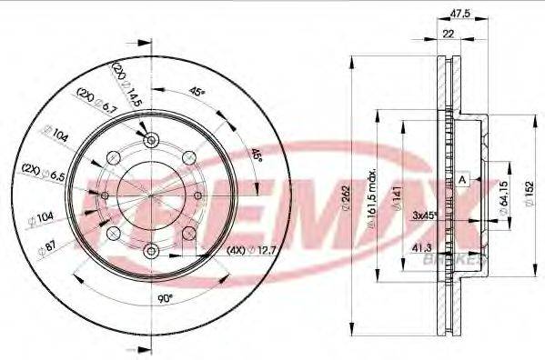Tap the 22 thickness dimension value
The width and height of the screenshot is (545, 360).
click(448, 33)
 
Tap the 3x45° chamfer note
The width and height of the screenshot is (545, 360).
click(424, 216)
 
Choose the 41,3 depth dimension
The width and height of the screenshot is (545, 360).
click(422, 246)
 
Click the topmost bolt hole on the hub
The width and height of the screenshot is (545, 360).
click(151, 139)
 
